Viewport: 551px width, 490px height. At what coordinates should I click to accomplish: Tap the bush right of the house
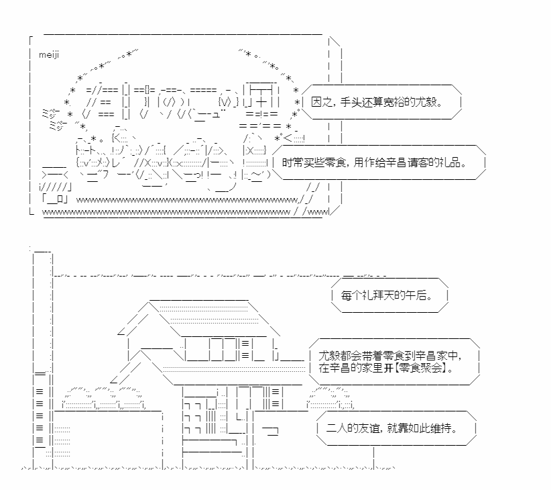pos(332,397)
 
